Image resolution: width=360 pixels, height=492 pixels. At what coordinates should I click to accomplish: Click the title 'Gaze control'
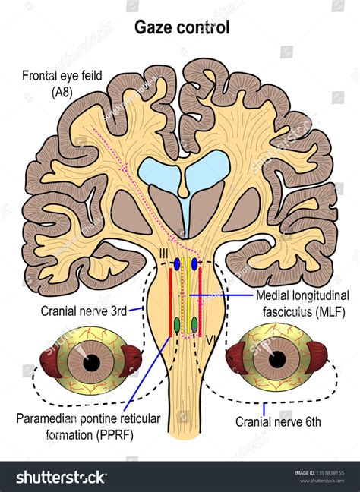point(182,27)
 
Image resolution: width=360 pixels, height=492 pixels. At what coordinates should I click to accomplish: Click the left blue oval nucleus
point(177,264)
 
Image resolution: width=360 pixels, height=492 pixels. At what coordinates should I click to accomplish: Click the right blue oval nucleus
point(195,264)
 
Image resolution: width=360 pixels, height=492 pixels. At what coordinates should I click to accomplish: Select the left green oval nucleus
point(177,325)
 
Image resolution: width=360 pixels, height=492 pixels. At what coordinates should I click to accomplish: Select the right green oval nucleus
point(194,325)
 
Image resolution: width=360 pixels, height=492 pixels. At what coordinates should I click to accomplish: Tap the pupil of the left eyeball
point(91,363)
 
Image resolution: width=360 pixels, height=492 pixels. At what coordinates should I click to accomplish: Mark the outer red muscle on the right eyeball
point(325,361)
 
